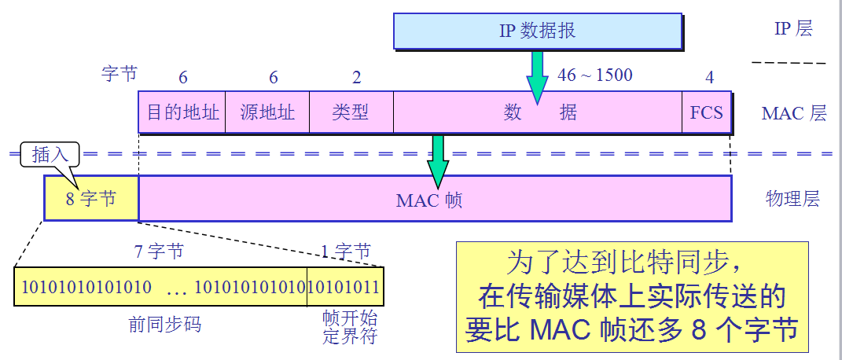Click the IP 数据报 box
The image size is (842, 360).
(538, 31)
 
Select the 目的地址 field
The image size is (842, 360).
(182, 112)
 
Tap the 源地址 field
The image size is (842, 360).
(267, 112)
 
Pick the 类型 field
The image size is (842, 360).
(351, 112)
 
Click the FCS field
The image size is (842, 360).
(706, 112)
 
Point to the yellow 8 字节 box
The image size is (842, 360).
(90, 199)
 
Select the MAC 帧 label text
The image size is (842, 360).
(429, 200)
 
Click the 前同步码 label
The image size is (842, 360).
(165, 324)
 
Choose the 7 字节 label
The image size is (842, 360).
(160, 252)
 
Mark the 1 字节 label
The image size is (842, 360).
(345, 252)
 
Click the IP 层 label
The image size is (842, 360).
(792, 29)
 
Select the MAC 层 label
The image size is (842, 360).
(794, 113)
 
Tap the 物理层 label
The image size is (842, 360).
(792, 199)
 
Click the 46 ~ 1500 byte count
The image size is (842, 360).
(594, 75)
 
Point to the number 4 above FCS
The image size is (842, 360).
(710, 77)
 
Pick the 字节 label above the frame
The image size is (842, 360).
(119, 74)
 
